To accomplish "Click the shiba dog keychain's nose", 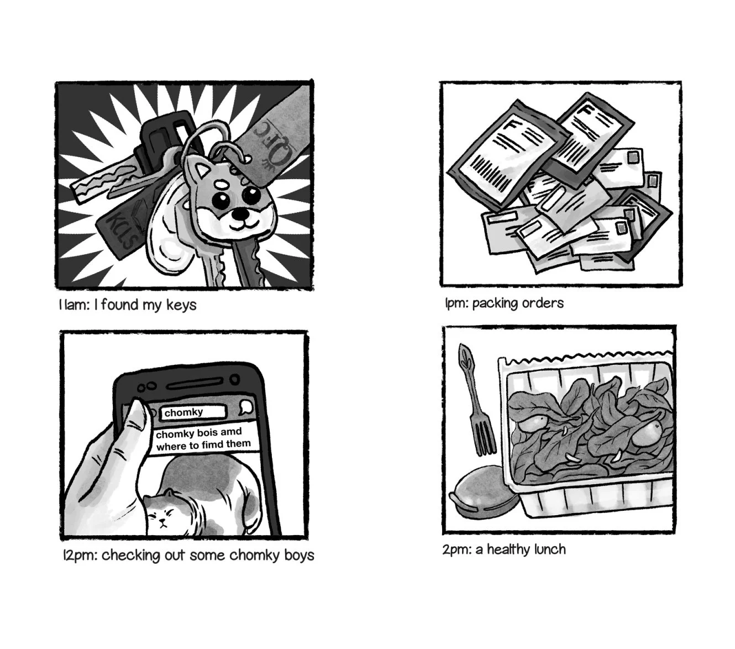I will tap(240, 213).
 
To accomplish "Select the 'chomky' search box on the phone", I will tap(193, 412).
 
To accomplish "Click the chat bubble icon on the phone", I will tap(246, 408).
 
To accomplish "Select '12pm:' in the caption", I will tap(79, 555).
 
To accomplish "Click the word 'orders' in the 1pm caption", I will tap(542, 303).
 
